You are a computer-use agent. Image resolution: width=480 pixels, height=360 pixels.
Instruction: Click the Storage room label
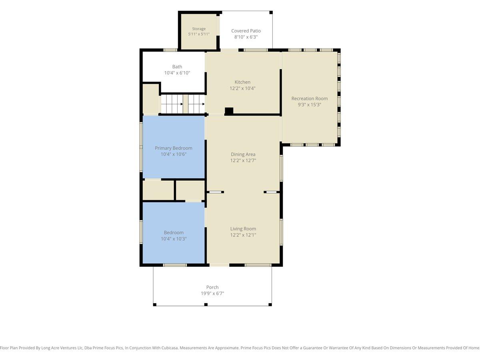pos(199,29)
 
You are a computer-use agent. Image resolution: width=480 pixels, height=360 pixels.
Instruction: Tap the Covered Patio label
pos(246,31)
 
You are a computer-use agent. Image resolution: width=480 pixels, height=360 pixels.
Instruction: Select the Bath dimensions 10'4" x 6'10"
pos(177,73)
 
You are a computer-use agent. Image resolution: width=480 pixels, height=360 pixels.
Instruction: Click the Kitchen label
pos(242,82)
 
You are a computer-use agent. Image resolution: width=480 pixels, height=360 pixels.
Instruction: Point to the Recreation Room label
pos(310,98)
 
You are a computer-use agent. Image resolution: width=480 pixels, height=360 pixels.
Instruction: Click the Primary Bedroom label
pos(174,148)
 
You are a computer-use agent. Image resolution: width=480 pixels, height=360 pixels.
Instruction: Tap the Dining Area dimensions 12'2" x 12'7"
pos(243,160)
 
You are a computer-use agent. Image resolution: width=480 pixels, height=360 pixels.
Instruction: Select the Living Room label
pos(243,229)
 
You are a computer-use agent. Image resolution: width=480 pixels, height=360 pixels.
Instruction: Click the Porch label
pos(212,287)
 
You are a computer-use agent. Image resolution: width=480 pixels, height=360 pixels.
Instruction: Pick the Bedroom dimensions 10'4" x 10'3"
pos(174,239)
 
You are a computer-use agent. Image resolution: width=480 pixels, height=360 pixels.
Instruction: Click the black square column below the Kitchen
pos(229,111)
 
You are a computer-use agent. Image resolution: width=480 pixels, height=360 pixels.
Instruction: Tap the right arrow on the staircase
pos(203,104)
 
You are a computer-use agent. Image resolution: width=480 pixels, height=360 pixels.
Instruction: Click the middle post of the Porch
pos(206,304)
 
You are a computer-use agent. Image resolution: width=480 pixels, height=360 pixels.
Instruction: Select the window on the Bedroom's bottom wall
pos(175,265)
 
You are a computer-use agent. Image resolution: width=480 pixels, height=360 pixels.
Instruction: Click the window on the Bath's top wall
pos(170,50)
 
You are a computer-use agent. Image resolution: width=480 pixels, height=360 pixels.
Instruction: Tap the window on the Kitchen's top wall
pos(256,50)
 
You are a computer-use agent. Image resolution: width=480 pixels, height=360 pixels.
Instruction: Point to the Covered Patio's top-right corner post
pos(271,12)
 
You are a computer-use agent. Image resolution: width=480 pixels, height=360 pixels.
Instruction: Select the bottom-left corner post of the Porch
pos(155,304)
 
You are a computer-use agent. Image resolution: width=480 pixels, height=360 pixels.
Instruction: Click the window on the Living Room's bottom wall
pos(258,265)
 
